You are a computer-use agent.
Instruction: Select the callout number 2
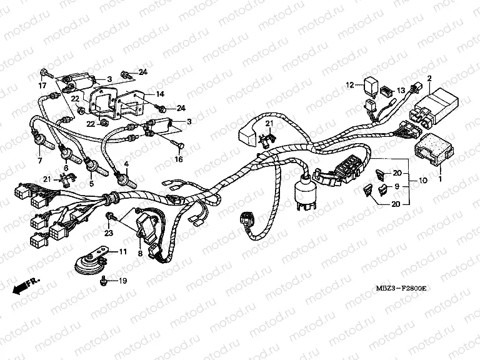pyautogui.click(x=429, y=78)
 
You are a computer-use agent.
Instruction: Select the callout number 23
pyautogui.click(x=109, y=233)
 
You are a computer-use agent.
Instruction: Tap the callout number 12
pyautogui.click(x=351, y=84)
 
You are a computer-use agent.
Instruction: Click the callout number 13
pyautogui.click(x=401, y=91)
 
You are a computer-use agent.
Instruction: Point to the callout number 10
pyautogui.click(x=422, y=181)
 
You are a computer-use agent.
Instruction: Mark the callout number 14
pyautogui.click(x=160, y=94)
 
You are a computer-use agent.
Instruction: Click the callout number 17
pyautogui.click(x=43, y=85)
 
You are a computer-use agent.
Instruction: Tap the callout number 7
pyautogui.click(x=41, y=161)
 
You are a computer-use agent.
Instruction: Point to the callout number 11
pyautogui.click(x=122, y=252)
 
